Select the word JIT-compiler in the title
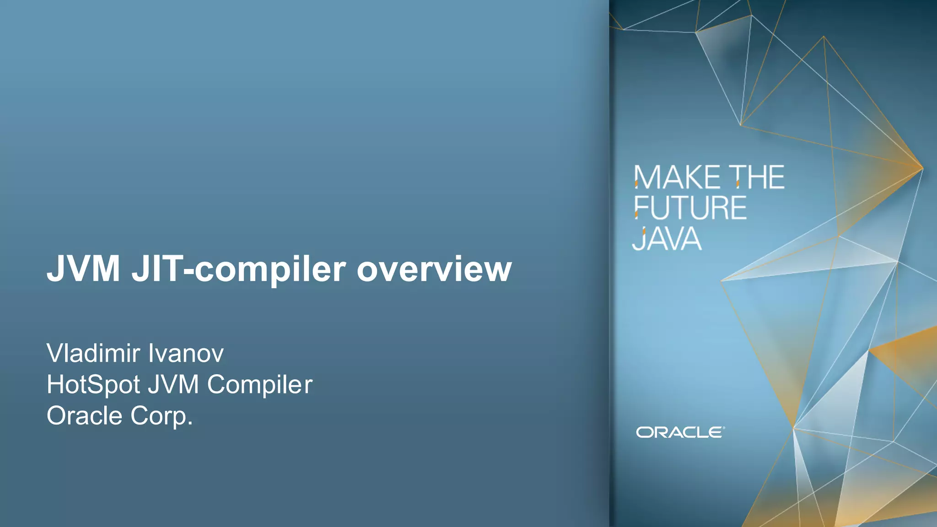238,270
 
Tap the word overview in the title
434,269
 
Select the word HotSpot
93,385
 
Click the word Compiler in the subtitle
259,385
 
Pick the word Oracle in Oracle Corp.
85,416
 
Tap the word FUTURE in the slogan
690,208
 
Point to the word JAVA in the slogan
667,239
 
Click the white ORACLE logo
679,432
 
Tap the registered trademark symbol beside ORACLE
724,428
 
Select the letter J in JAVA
638,239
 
